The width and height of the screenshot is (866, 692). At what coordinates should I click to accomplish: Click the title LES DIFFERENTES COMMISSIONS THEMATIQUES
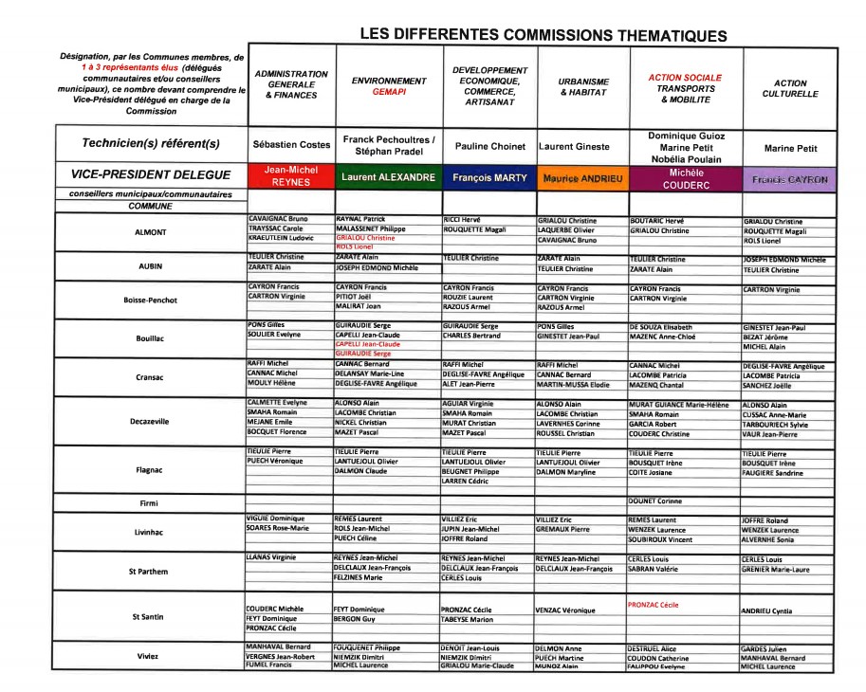click(543, 35)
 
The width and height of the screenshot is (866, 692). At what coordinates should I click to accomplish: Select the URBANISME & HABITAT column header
click(583, 87)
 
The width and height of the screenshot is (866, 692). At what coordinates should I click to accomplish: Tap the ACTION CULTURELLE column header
click(790, 89)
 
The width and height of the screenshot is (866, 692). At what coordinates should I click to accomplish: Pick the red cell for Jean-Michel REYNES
click(290, 176)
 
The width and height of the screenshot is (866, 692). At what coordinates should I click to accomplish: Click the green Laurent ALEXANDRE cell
click(388, 177)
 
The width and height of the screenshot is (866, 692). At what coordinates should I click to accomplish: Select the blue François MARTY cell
click(488, 177)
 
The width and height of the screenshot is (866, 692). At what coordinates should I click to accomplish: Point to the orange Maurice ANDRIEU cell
click(582, 177)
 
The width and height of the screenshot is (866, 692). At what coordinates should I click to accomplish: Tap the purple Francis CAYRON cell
click(790, 178)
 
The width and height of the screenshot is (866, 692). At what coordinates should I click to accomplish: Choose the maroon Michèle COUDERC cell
click(686, 178)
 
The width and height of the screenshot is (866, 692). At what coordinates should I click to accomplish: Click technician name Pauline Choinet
click(489, 147)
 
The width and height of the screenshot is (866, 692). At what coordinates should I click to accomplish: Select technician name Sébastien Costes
click(291, 146)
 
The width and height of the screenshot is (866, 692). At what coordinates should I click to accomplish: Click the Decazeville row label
click(150, 421)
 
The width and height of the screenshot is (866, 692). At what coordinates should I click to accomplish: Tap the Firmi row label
click(150, 502)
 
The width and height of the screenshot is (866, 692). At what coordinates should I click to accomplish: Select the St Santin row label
click(150, 616)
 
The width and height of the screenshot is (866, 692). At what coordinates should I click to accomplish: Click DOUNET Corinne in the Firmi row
click(656, 501)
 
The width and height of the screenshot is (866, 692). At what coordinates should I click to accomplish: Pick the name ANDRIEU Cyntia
click(766, 611)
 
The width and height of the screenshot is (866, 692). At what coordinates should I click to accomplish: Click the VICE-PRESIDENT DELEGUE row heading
click(151, 175)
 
